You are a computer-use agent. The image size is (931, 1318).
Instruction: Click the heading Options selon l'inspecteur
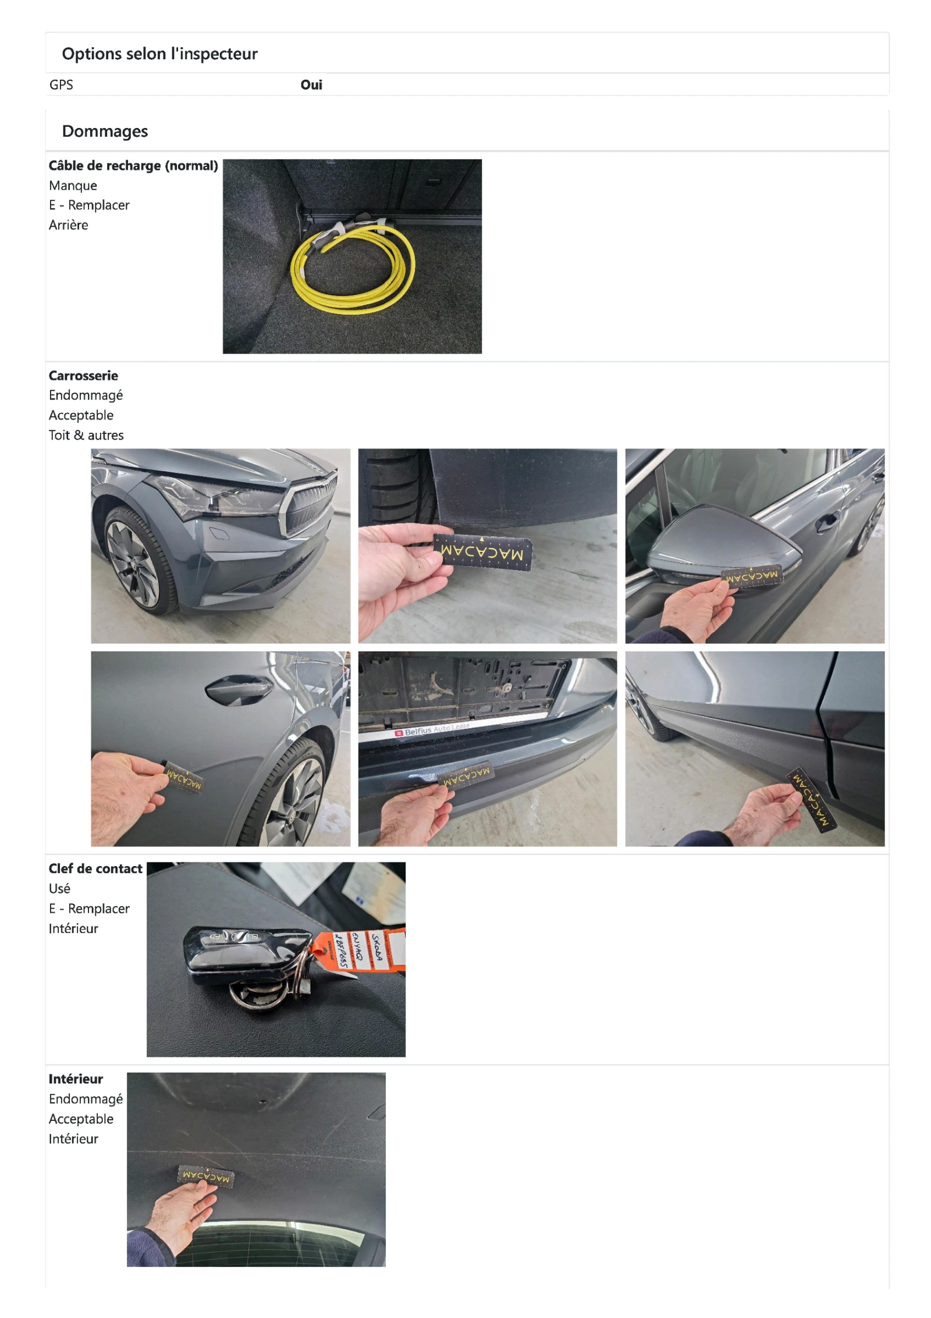(159, 54)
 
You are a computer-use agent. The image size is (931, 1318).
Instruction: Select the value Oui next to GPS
(311, 85)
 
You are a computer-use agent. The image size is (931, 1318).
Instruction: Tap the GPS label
(61, 85)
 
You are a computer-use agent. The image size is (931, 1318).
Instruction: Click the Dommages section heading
(105, 131)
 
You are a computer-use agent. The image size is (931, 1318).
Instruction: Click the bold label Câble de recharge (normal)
(133, 166)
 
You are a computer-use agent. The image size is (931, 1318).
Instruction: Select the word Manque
(73, 186)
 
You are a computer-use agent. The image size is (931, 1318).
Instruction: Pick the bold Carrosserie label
(83, 376)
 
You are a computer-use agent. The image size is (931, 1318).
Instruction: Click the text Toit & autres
(86, 435)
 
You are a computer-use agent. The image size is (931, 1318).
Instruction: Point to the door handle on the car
(239, 688)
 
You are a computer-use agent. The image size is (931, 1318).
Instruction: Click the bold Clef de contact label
(95, 869)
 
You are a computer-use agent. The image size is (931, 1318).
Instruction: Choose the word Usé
(59, 889)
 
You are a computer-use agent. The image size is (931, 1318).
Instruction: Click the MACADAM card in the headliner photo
(205, 1176)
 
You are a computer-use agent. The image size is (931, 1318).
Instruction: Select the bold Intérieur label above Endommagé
(76, 1080)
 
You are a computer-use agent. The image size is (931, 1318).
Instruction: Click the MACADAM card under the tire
(483, 550)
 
